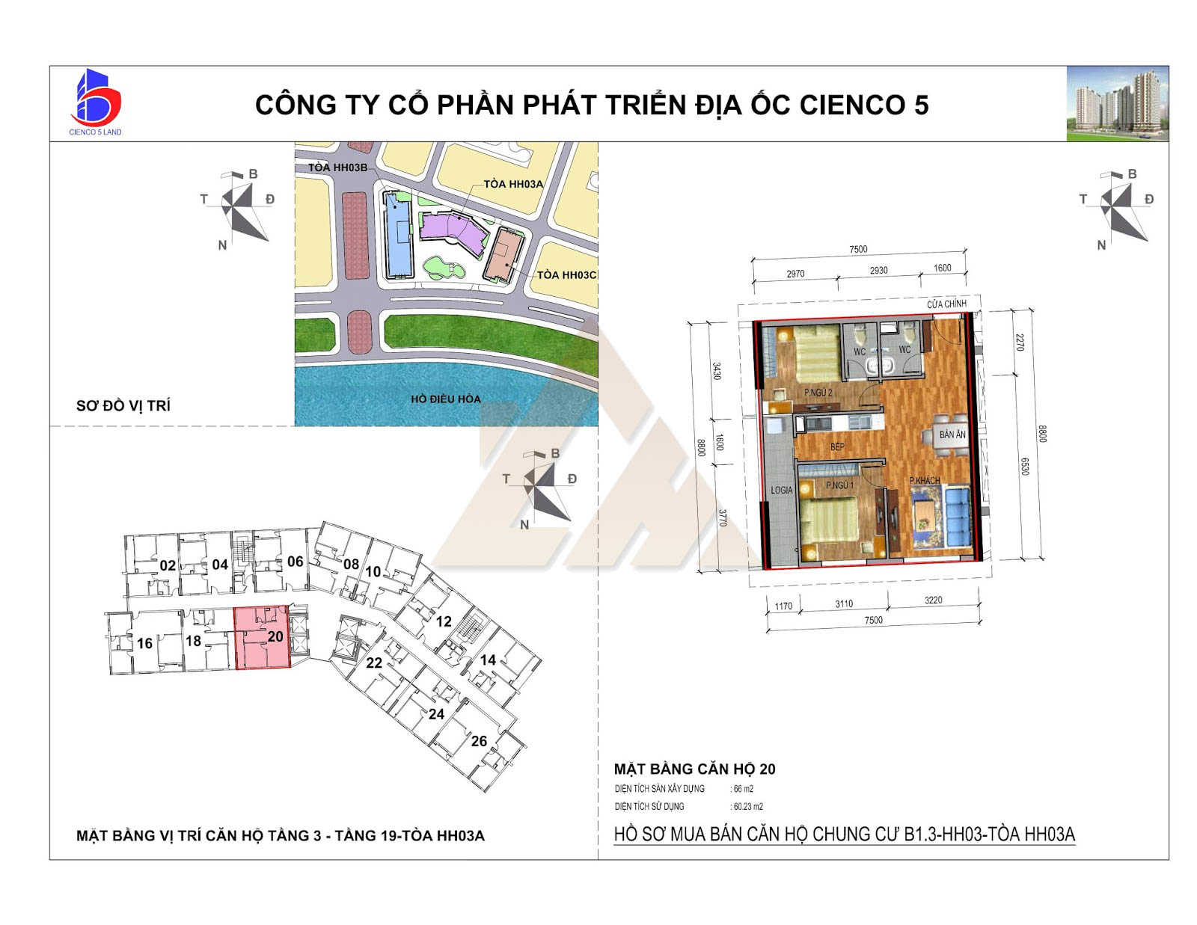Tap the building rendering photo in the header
click(x=1117, y=103)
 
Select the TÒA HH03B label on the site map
click(x=337, y=168)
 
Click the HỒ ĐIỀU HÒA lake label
click(x=446, y=399)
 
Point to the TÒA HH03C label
click(x=566, y=274)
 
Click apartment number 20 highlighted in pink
click(x=275, y=636)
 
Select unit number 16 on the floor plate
click(x=145, y=643)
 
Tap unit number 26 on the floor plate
click(x=479, y=741)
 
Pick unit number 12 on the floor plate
click(x=444, y=621)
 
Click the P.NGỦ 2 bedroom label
click(x=818, y=393)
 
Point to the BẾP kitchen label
click(x=836, y=446)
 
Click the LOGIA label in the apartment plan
click(x=782, y=490)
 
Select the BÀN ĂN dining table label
click(x=952, y=434)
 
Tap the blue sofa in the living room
click(x=959, y=515)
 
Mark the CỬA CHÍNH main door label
click(x=946, y=304)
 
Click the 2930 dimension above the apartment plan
click(x=878, y=271)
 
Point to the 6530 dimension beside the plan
click(x=1024, y=467)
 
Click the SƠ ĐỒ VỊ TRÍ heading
click(x=123, y=406)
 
